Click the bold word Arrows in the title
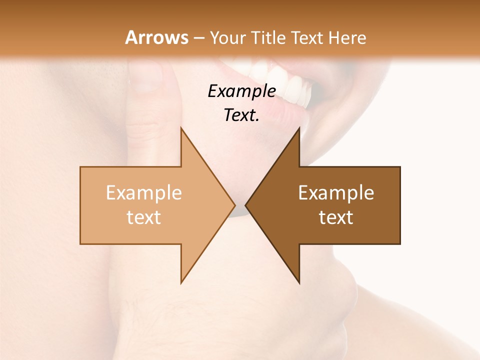(x=156, y=37)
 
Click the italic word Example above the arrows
(x=241, y=91)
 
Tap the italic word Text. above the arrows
(x=241, y=115)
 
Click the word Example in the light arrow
(x=143, y=193)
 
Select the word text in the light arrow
(x=143, y=217)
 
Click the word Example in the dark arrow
(x=336, y=193)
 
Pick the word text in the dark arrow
(x=336, y=217)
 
